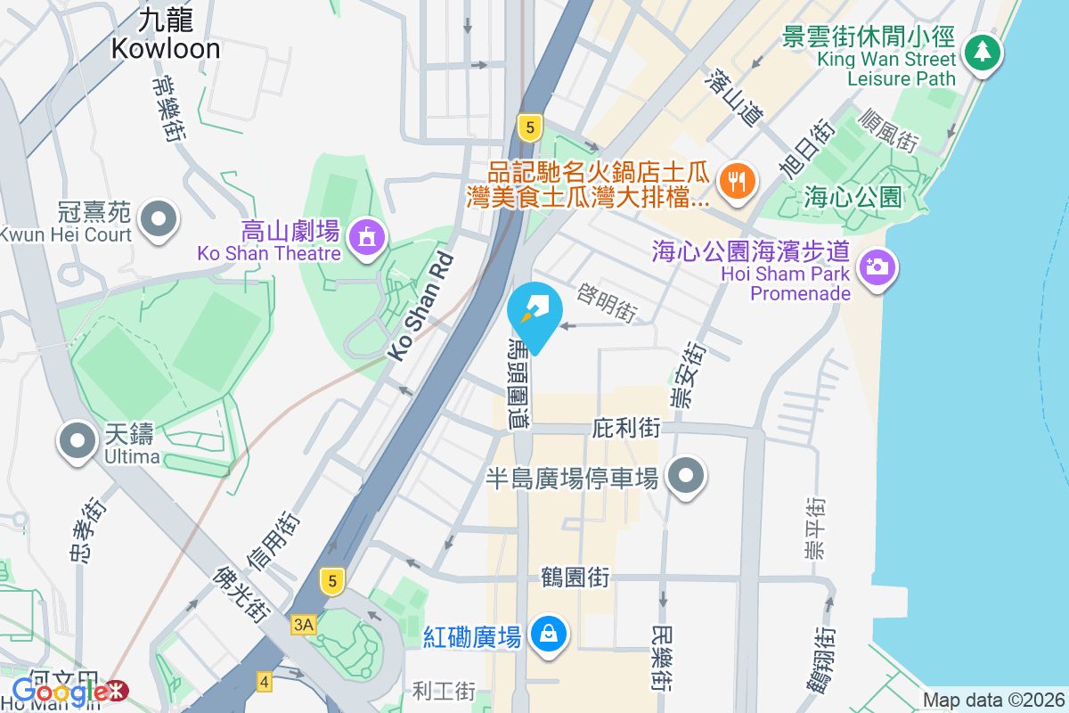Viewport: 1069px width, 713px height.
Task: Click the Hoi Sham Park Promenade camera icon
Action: [877, 266]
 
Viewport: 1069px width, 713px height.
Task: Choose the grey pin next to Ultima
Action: [78, 441]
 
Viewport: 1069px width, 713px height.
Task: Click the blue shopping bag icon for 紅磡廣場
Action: [547, 635]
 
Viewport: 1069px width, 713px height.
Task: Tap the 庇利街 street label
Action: [626, 429]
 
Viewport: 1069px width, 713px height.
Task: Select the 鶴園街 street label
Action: [575, 577]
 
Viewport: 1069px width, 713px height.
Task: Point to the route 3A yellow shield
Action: [303, 626]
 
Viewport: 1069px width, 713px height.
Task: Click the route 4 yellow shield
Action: [264, 682]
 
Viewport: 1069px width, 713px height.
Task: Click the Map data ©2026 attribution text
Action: [992, 701]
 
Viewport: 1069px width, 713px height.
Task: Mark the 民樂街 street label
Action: [661, 659]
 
